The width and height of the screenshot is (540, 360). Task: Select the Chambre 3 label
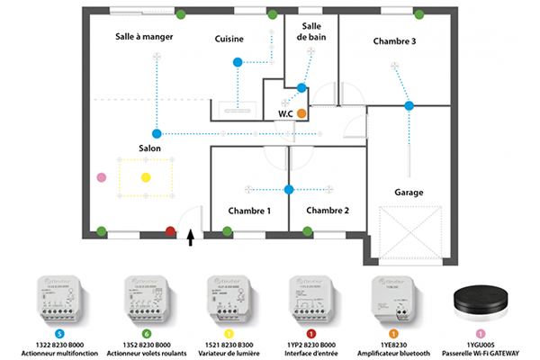coord(394,40)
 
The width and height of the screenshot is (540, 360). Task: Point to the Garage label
coord(409,192)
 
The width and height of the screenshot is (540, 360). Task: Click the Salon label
coord(150,147)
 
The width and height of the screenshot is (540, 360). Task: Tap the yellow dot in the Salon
coord(146,177)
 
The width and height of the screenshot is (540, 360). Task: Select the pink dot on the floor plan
coord(102,178)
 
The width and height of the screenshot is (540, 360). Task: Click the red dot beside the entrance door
coord(171,232)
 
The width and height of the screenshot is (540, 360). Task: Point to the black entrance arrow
coord(190,238)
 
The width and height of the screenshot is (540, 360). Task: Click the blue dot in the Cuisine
coord(238,62)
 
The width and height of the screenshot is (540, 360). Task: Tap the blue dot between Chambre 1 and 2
coord(289,189)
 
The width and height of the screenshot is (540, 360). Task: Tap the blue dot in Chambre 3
coord(409,106)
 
